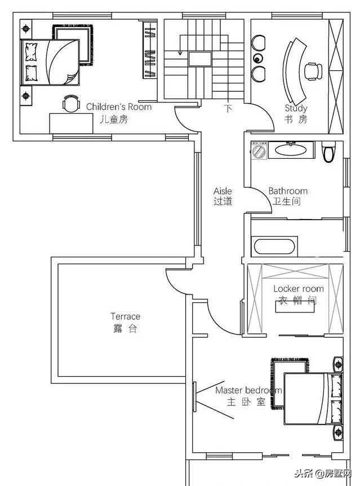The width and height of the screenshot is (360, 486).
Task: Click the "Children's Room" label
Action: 119,107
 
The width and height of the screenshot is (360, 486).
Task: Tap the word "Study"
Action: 296,108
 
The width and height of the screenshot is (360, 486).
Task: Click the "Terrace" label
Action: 125,316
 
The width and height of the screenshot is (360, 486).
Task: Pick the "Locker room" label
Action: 298,289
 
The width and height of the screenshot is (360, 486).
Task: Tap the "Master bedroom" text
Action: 248,390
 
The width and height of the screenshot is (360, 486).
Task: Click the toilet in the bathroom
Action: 328,151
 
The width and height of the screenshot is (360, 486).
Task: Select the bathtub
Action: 274,247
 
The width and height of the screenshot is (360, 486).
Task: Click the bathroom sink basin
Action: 291,150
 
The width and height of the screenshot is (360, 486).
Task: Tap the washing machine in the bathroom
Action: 259,150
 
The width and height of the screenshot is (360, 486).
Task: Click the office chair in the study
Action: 313,72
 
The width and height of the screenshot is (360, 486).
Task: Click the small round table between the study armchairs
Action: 257,58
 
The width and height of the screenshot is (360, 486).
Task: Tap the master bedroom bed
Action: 313,399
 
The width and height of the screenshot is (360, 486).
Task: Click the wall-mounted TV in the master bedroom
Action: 194,397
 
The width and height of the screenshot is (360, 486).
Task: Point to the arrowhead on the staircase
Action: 180,53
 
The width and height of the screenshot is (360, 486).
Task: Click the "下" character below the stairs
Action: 228,109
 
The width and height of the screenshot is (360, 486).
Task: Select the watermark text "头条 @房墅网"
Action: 323,474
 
